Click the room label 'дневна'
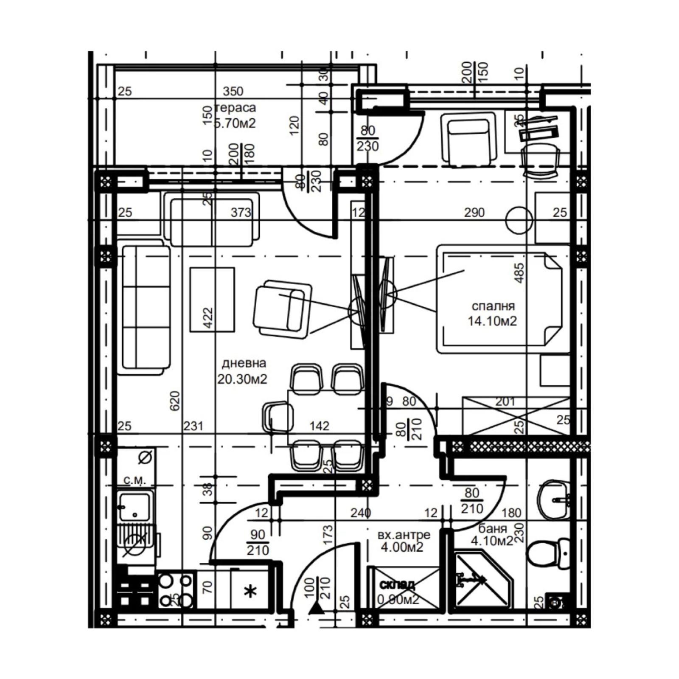(244, 363)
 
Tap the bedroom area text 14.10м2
(492, 321)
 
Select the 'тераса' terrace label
(236, 108)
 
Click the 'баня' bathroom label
(492, 529)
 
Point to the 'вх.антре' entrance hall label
(404, 535)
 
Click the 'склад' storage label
(397, 585)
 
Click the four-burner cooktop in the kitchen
(176, 590)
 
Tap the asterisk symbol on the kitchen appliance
(250, 591)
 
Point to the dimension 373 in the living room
(241, 212)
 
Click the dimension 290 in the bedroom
(474, 212)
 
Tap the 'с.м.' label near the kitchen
(135, 480)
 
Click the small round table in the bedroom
(519, 220)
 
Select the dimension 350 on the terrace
(233, 91)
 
